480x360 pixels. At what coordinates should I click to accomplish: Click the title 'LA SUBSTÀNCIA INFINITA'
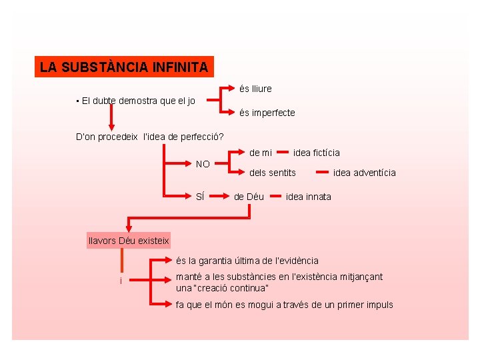pyautogui.click(x=124, y=67)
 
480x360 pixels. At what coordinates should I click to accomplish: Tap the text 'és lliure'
pyautogui.click(x=255, y=89)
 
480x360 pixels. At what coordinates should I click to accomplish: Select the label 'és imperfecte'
pyautogui.click(x=267, y=113)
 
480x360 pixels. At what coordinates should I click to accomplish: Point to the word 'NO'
pyautogui.click(x=203, y=164)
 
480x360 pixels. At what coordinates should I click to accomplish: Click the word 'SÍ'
pyautogui.click(x=200, y=197)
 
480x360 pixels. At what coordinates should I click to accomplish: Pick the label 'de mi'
pyautogui.click(x=261, y=153)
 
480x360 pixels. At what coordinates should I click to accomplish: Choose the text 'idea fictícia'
pyautogui.click(x=316, y=153)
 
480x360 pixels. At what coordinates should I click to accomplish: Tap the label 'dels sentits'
pyautogui.click(x=273, y=173)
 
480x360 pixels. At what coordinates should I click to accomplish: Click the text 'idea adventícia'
pyautogui.click(x=364, y=173)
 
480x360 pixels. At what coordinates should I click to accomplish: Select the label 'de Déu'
pyautogui.click(x=249, y=197)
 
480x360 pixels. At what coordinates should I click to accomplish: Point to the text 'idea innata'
pyautogui.click(x=308, y=197)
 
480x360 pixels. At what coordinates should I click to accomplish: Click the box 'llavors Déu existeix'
pyautogui.click(x=129, y=240)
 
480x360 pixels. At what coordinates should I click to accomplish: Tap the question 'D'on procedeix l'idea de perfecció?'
pyautogui.click(x=150, y=137)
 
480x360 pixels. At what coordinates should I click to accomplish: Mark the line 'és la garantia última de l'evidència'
pyautogui.click(x=247, y=261)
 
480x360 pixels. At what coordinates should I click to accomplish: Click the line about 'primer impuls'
pyautogui.click(x=284, y=305)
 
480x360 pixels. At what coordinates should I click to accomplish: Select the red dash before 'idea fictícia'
pyautogui.click(x=283, y=152)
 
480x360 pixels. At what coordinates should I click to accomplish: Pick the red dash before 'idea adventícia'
pyautogui.click(x=322, y=173)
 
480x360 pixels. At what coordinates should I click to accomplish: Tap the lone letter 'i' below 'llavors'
pyautogui.click(x=121, y=281)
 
